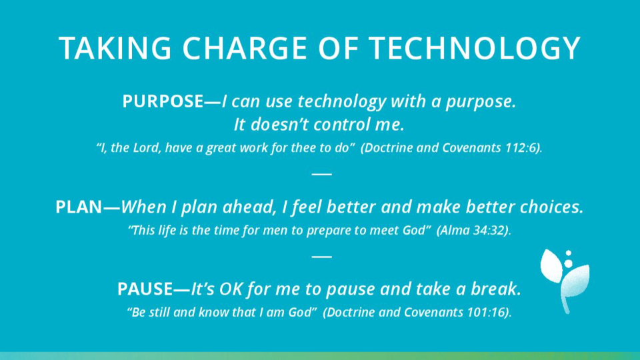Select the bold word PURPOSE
(x=163, y=101)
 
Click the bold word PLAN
(x=79, y=207)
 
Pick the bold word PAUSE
(x=145, y=289)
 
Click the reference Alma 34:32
(x=473, y=230)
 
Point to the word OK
(x=231, y=289)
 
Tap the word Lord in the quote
(x=146, y=148)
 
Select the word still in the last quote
(x=159, y=312)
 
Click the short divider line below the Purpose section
(x=321, y=174)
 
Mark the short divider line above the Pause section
(x=321, y=257)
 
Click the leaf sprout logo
(x=565, y=281)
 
